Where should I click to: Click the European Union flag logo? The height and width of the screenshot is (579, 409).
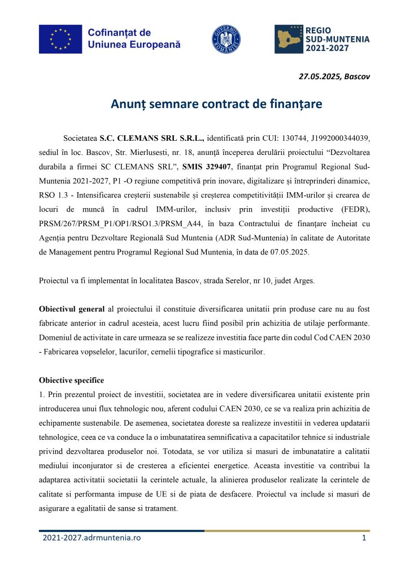60,39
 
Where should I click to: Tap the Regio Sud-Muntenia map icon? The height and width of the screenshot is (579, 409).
288,39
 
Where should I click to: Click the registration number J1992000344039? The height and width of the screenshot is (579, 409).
337,137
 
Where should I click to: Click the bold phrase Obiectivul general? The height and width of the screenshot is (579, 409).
72,309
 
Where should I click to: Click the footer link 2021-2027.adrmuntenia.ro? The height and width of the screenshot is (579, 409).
92,538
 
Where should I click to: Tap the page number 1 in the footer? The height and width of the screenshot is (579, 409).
364,538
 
